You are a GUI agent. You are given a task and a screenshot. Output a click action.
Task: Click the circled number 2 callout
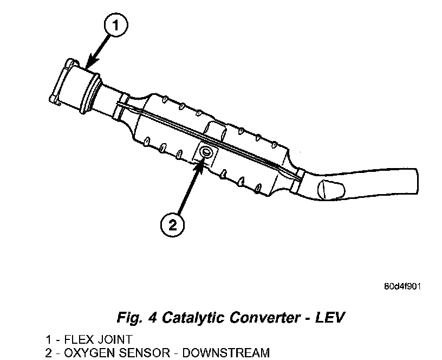(172, 224)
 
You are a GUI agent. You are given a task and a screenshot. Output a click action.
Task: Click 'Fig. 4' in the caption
(132, 317)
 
